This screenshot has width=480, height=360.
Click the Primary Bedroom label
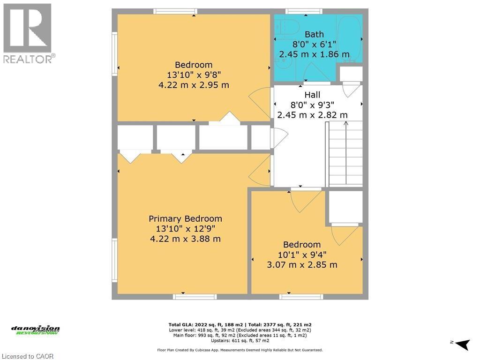click(185, 219)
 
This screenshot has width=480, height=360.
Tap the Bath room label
click(314, 34)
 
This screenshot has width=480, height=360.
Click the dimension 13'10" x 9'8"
click(194, 75)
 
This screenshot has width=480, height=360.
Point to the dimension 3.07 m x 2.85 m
click(302, 264)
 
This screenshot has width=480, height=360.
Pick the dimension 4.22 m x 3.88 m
click(185, 239)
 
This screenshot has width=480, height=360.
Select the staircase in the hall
click(345, 153)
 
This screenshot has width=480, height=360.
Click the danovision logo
click(36, 330)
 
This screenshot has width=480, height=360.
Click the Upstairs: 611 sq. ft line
click(240, 341)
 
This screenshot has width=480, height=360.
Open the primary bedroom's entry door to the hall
click(260, 172)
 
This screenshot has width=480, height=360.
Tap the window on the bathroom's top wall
click(304, 11)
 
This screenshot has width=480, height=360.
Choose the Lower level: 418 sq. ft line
click(240, 330)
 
